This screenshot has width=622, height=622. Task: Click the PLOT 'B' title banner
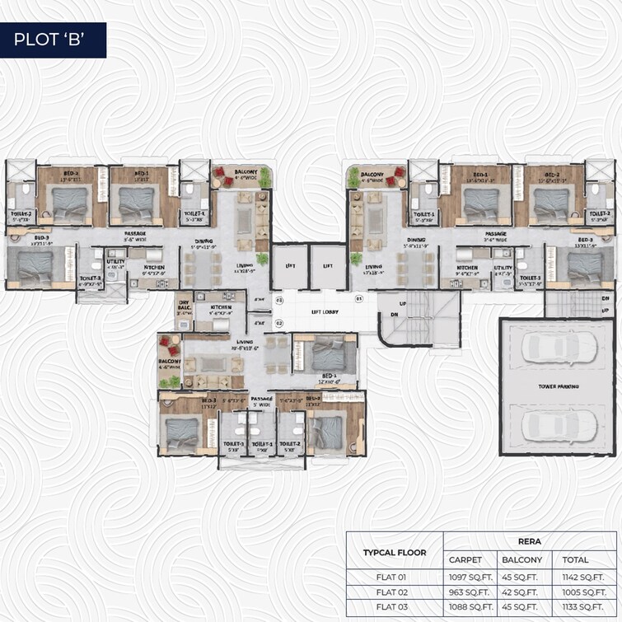[x=53, y=40]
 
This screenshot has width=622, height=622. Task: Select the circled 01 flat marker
[x=358, y=298]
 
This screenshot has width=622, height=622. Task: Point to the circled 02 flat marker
[x=279, y=323]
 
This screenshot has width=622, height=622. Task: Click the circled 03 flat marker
[x=279, y=301]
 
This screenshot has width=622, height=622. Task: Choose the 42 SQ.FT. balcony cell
[x=522, y=591]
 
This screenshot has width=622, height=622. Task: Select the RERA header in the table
[x=528, y=542]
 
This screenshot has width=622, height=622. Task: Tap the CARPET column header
[x=465, y=560]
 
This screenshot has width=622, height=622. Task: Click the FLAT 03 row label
[x=394, y=606]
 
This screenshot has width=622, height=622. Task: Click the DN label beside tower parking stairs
[x=605, y=298]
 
